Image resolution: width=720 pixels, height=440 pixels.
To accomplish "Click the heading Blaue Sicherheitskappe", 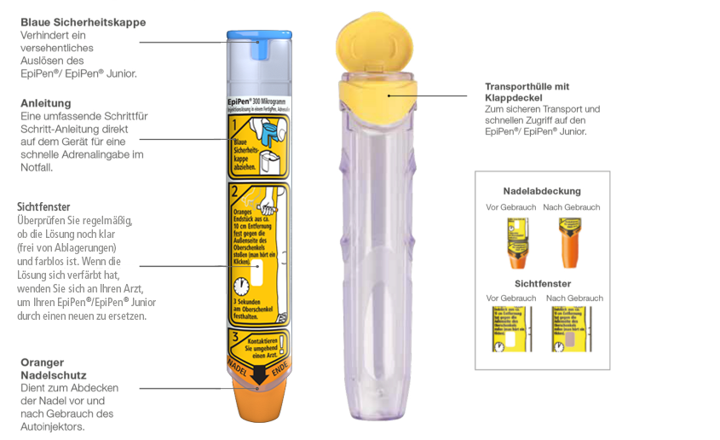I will point(83,21).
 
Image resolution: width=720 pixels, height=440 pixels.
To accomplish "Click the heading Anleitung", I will point(45,103).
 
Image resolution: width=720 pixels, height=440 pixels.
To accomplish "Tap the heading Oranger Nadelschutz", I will point(53,368).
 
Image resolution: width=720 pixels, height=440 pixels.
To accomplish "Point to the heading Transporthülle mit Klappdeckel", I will point(527,92).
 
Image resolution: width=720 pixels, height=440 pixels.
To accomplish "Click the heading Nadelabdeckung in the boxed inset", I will point(542,191).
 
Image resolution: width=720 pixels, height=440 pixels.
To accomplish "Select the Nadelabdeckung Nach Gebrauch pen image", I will point(570,243).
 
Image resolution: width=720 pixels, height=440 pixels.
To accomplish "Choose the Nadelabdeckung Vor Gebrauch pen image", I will point(515,243).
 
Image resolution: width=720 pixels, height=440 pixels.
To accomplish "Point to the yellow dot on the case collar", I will point(389,96).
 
